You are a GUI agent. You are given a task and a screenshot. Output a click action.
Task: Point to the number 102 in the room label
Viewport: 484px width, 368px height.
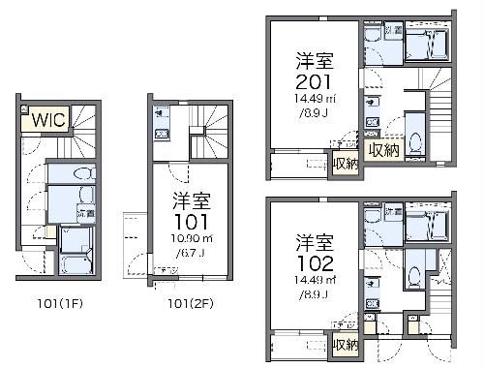(317, 261)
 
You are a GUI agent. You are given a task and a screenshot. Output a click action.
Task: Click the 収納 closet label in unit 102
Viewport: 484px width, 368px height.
(345, 345)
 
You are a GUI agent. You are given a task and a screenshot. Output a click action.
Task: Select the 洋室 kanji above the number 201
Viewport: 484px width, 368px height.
(317, 60)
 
